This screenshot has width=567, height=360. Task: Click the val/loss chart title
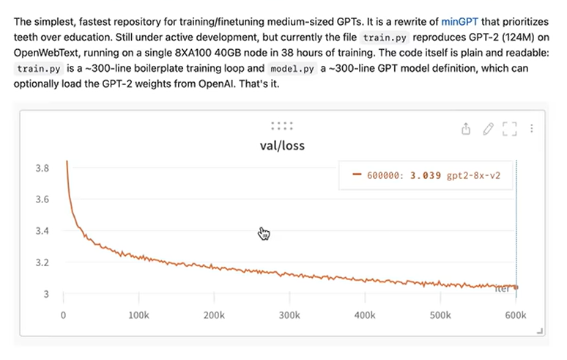(x=282, y=145)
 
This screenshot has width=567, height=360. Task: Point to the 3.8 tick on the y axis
(x=42, y=168)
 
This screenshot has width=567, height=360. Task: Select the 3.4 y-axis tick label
(x=42, y=231)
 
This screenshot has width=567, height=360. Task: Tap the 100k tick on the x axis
(x=139, y=315)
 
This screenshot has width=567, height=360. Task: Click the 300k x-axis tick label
(x=290, y=315)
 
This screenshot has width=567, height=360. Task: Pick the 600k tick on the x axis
(x=516, y=315)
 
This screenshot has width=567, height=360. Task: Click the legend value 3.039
(x=431, y=176)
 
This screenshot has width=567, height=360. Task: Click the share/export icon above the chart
(x=466, y=129)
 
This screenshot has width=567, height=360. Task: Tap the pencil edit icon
(x=489, y=129)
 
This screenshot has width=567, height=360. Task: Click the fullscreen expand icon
(x=510, y=129)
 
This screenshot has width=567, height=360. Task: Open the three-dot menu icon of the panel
(x=532, y=129)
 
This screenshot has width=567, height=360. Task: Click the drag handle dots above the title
(x=282, y=125)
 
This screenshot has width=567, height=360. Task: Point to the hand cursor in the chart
(x=264, y=233)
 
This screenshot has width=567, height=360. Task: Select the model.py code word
(x=289, y=68)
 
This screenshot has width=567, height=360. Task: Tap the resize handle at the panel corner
(x=541, y=332)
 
